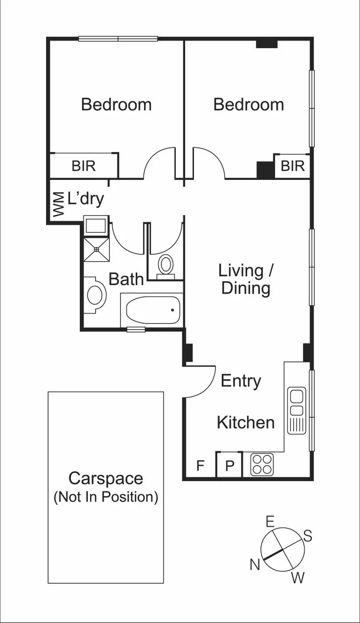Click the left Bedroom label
pyautogui.click(x=116, y=104)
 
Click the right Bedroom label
pyautogui.click(x=248, y=104)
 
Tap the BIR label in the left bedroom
pyautogui.click(x=84, y=166)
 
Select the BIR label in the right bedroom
pyautogui.click(x=292, y=166)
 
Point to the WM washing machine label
pyautogui.click(x=58, y=204)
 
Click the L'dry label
pyautogui.click(x=86, y=198)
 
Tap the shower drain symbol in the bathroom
pyautogui.click(x=96, y=249)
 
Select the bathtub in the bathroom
pyautogui.click(x=153, y=310)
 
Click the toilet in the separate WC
pyautogui.click(x=166, y=264)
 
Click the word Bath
pyautogui.click(x=126, y=279)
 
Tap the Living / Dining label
pyautogui.click(x=246, y=279)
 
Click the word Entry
pyautogui.click(x=241, y=381)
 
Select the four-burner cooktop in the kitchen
pyautogui.click(x=262, y=465)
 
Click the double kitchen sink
pyautogui.click(x=296, y=403)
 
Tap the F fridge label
pyautogui.click(x=201, y=466)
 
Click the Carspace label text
pyautogui.click(x=106, y=479)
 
